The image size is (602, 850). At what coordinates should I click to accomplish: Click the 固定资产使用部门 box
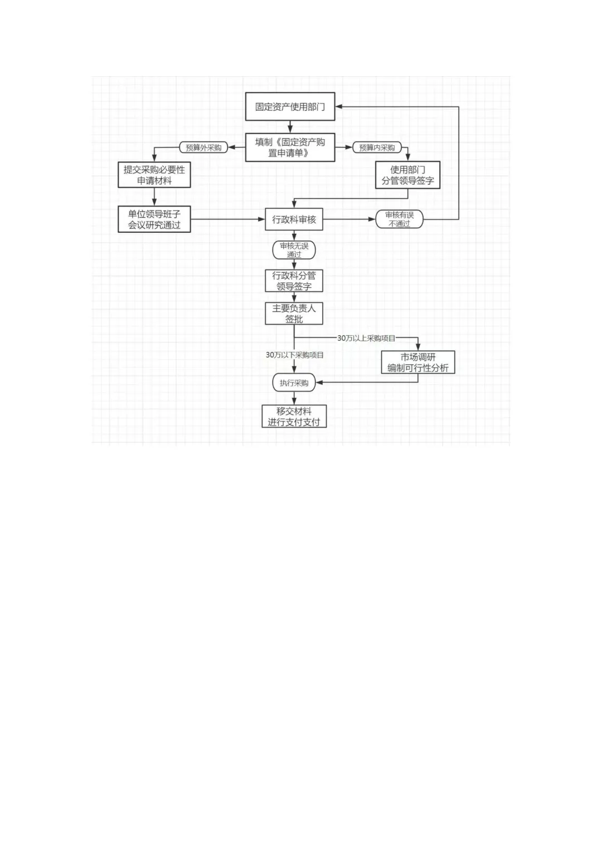(290, 106)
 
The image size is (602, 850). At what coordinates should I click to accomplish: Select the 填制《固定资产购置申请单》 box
(290, 148)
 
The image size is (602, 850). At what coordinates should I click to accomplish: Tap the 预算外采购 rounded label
(204, 148)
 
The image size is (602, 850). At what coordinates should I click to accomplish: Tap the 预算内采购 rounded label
(377, 148)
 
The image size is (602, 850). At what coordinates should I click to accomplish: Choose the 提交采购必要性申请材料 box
(154, 175)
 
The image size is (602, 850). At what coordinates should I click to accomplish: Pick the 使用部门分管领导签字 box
(407, 175)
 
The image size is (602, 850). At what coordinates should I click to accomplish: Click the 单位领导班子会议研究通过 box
(154, 219)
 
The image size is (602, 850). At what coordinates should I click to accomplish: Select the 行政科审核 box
(294, 219)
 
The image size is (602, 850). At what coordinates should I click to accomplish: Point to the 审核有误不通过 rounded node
(400, 219)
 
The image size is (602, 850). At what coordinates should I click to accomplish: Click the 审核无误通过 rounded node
(294, 250)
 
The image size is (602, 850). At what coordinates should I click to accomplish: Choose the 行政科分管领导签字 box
(294, 281)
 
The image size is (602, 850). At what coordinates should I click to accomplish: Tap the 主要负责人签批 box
(294, 313)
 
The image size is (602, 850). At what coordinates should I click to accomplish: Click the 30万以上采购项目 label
(366, 338)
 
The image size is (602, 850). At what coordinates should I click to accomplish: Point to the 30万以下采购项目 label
(294, 355)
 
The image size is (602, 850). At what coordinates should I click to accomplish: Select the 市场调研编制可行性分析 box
(418, 362)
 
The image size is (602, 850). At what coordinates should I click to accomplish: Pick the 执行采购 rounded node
(294, 383)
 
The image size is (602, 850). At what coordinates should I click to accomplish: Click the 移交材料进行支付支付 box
(294, 416)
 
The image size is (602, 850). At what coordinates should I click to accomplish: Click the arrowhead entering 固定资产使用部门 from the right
(339, 106)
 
